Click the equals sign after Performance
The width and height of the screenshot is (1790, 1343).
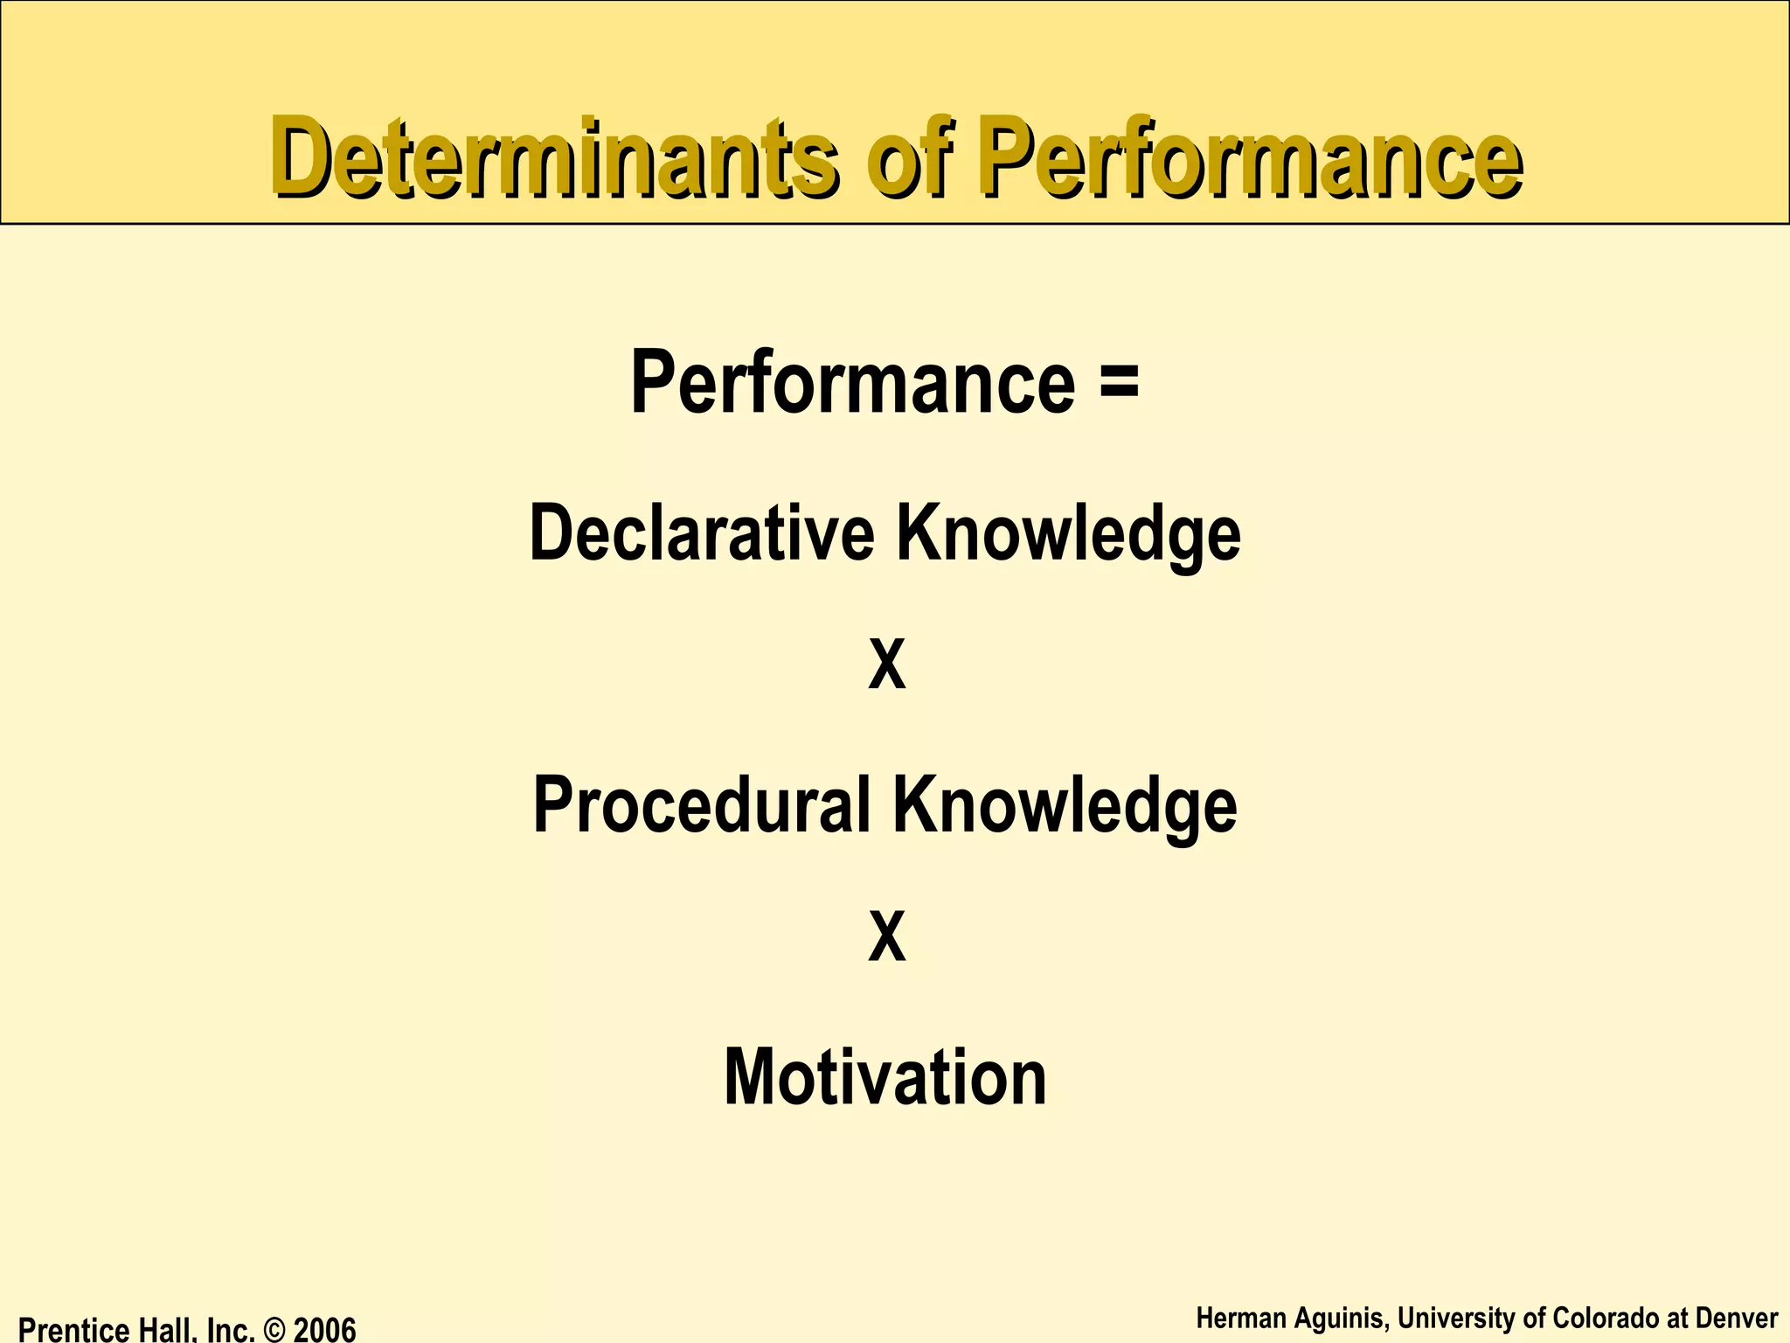(1120, 382)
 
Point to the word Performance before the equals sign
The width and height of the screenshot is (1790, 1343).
(852, 382)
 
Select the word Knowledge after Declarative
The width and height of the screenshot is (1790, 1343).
(1068, 534)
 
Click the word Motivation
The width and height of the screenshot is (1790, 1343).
(885, 1077)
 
